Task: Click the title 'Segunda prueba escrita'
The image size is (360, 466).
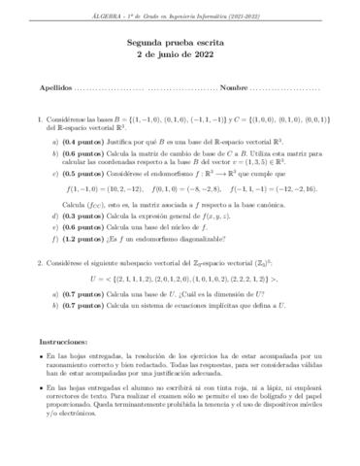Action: [180, 43]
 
